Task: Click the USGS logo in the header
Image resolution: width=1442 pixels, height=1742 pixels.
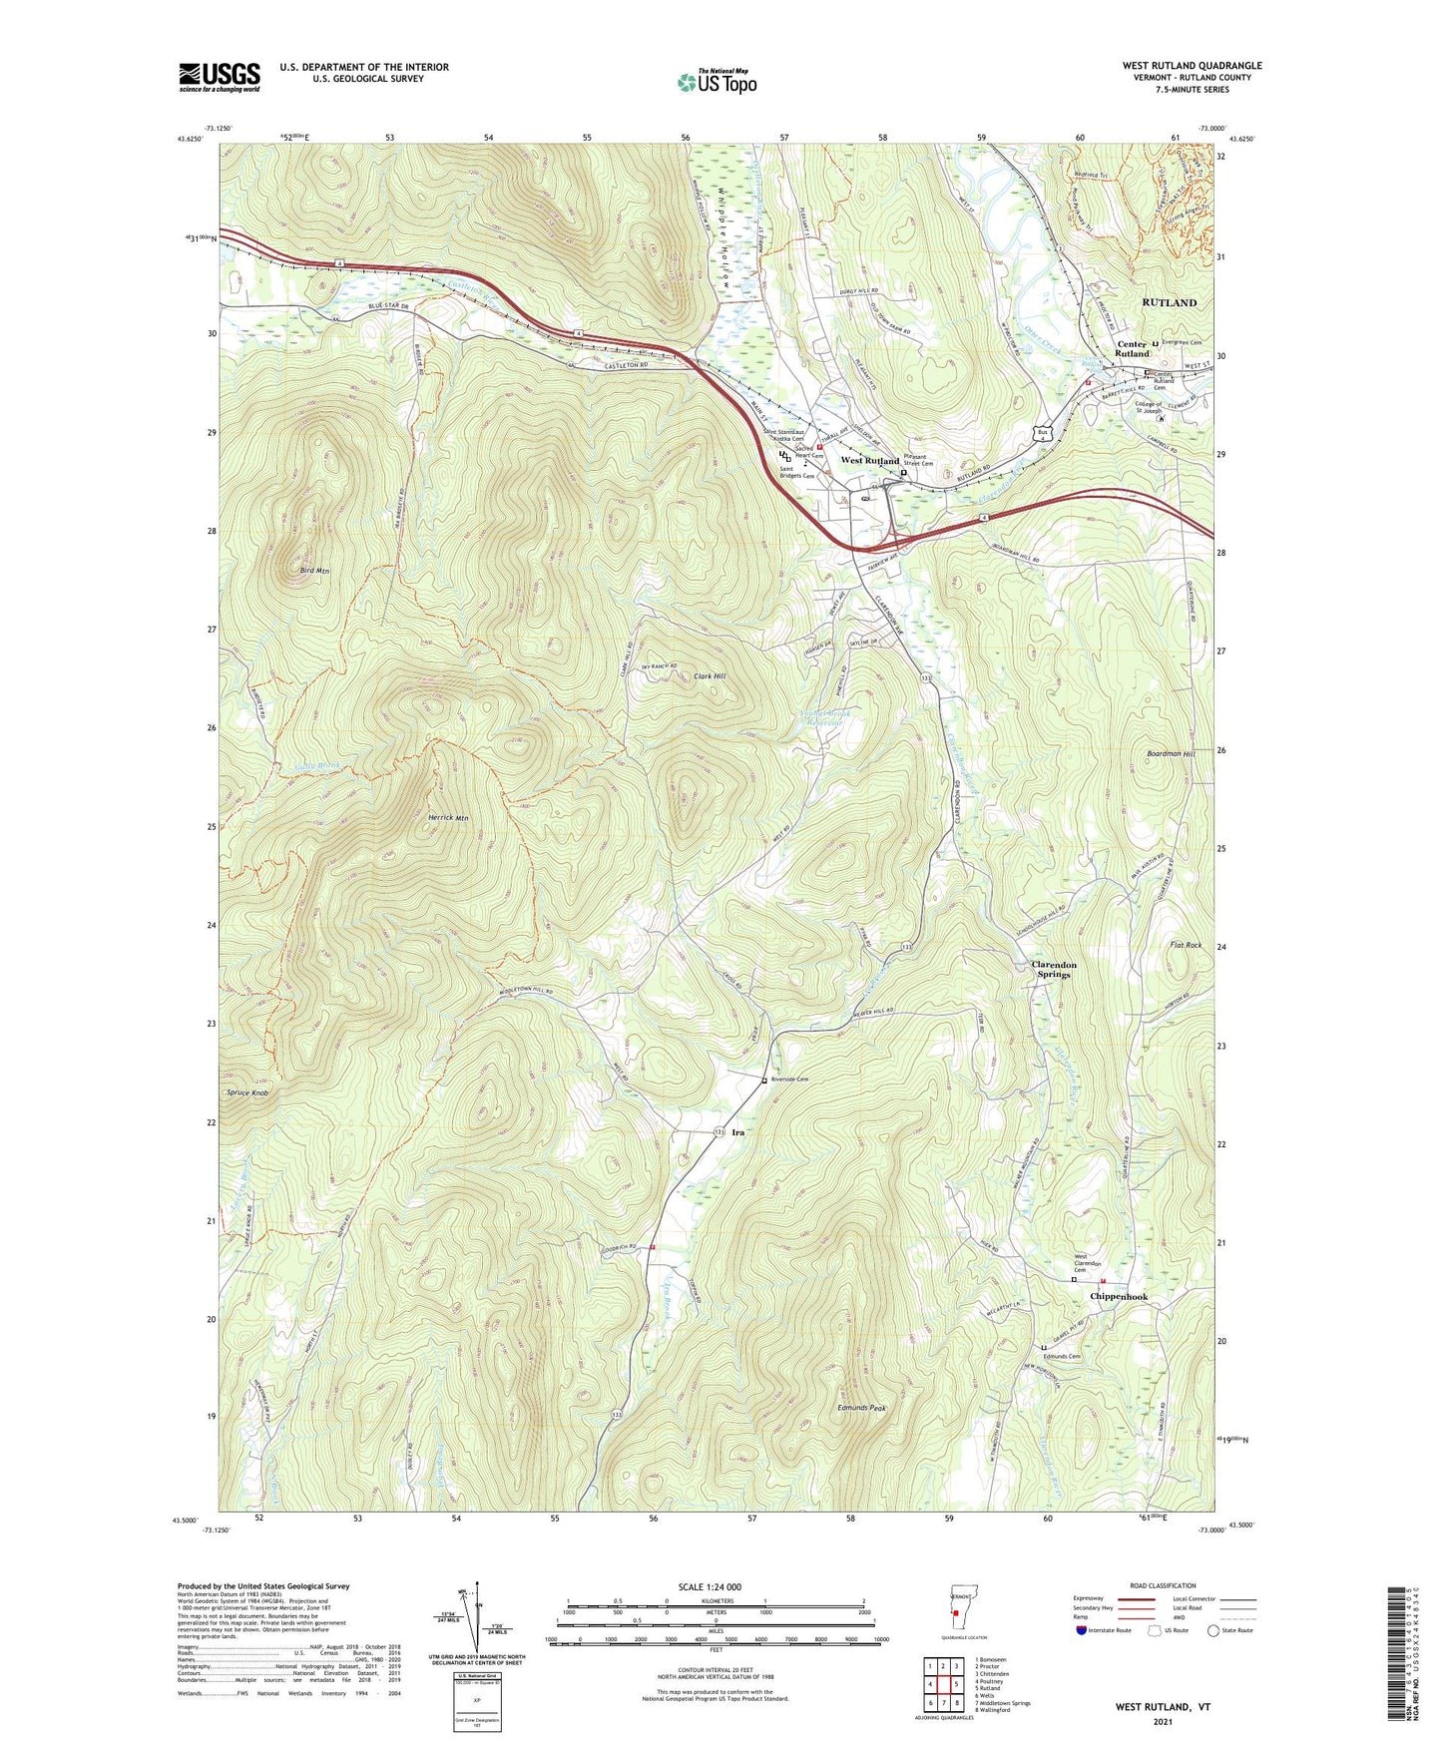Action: (220, 77)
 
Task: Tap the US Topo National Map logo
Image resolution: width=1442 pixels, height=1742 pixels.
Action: (717, 81)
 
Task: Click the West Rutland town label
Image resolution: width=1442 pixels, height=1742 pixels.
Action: (869, 461)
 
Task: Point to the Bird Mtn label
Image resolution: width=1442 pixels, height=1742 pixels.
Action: (314, 571)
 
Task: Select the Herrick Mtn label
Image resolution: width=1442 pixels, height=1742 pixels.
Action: (448, 818)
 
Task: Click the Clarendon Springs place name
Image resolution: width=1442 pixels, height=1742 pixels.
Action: (1053, 970)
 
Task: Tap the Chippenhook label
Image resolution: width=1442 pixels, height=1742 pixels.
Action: (1119, 1297)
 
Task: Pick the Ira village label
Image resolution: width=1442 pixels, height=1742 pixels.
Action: (738, 1133)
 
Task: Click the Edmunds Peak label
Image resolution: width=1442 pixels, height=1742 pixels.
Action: (862, 1408)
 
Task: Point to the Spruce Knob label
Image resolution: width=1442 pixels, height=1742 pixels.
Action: (246, 1093)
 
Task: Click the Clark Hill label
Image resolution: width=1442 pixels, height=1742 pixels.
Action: (710, 676)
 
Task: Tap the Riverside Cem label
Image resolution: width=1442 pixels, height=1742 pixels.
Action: (788, 1080)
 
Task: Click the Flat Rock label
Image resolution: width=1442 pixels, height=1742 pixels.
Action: (1186, 945)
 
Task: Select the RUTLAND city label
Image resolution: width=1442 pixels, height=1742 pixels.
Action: (1169, 302)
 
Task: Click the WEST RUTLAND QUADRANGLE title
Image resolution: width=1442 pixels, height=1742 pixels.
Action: (1192, 66)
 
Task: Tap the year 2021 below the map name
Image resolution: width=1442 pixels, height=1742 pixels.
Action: (1163, 1722)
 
